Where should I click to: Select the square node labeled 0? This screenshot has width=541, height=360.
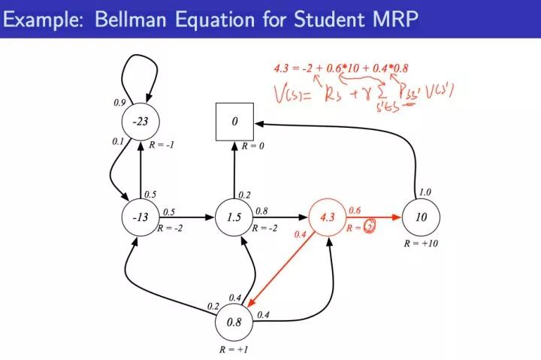234,122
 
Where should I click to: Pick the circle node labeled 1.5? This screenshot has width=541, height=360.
234,218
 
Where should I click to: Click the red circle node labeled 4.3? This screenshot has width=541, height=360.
328,218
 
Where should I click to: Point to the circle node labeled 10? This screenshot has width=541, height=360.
421,218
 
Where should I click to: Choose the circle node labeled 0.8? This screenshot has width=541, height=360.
234,323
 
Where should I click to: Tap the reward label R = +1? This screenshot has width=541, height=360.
233,349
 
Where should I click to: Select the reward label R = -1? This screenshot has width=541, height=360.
162,145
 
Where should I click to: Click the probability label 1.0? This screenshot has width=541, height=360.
425,192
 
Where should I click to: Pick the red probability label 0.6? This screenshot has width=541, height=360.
355,210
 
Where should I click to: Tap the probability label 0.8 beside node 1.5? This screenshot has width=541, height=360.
262,210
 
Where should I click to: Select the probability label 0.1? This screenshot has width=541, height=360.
116,141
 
